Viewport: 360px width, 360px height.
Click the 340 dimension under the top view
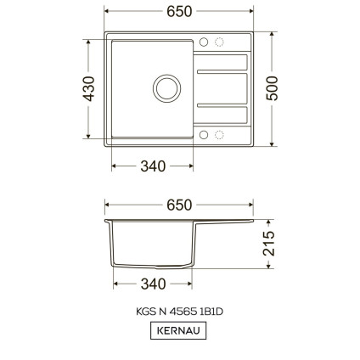point(153,166)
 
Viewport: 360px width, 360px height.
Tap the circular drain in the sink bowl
point(163,87)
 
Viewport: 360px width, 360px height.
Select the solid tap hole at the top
point(204,42)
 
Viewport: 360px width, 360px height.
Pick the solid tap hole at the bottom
point(204,134)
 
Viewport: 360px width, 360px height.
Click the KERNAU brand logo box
point(178,331)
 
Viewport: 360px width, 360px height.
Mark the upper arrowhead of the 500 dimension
point(273,36)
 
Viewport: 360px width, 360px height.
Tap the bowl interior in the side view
point(153,246)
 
